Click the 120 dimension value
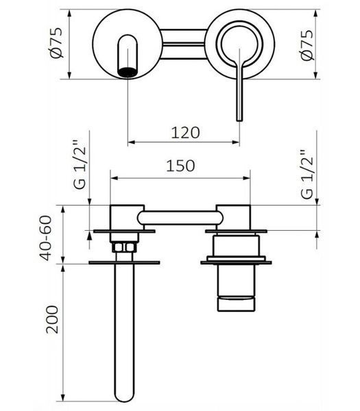pos(185,133)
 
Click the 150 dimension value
pos(180,166)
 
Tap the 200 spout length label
pos(52,319)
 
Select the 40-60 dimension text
pos(46,238)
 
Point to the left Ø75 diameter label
pos(56,42)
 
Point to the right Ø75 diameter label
pos(307,45)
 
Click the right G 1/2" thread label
pos(307,175)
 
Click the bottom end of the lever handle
pos(239,120)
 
